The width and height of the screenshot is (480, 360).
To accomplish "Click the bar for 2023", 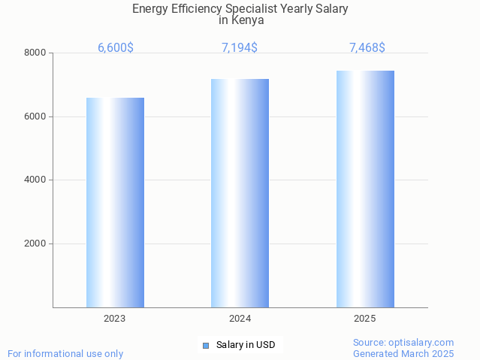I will tap(115, 202).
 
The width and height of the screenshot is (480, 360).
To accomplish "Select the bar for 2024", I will tap(240, 193).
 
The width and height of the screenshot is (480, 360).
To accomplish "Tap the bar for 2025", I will tap(365, 189).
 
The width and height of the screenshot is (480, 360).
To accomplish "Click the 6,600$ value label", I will tap(116, 47).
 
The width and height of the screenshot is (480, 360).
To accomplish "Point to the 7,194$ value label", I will tap(240, 47).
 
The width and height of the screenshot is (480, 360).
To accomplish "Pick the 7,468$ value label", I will tap(367, 47).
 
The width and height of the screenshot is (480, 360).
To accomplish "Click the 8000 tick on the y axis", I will tap(35, 53).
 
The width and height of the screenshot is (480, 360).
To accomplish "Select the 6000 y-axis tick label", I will tap(35, 116).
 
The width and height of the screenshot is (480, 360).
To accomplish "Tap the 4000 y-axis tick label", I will tap(35, 180).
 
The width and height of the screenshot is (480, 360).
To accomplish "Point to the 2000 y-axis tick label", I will tap(35, 244).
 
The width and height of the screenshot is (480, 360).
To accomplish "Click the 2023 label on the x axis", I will tap(115, 319).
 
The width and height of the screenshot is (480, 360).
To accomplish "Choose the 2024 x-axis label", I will tap(240, 319).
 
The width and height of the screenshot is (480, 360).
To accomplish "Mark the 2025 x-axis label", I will tap(365, 319).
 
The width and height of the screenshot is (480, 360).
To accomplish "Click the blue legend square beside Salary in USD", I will tap(206, 346).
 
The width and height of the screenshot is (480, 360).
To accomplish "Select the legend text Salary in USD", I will tap(246, 345).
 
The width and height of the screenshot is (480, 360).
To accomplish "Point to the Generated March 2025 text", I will tap(403, 353).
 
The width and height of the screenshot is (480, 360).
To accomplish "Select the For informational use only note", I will tap(65, 353).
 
